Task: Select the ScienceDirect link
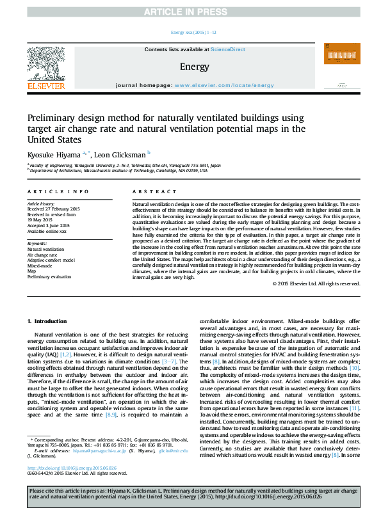click(229, 49)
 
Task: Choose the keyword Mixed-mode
click(40, 266)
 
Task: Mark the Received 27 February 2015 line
click(53, 209)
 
